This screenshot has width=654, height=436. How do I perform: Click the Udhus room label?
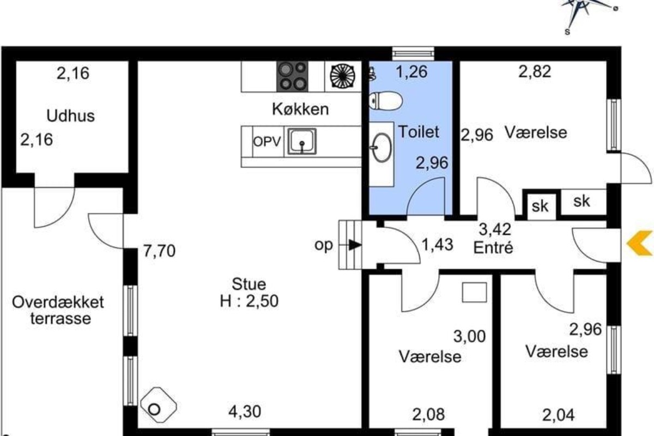(x=71, y=116)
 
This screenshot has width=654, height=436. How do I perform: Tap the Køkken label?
(x=300, y=109)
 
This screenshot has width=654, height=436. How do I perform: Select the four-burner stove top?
(x=292, y=76)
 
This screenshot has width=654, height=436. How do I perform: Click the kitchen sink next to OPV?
(x=302, y=142)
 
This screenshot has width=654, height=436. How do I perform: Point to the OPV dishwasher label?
(x=267, y=142)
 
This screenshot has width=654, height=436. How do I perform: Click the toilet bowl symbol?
(x=386, y=101)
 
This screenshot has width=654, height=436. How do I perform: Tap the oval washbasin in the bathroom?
(x=381, y=148)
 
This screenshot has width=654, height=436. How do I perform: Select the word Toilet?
(x=419, y=132)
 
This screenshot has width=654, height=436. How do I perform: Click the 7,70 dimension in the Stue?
(x=159, y=251)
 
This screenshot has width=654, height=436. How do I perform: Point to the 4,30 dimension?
(x=245, y=412)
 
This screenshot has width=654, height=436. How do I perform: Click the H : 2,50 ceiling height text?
(x=249, y=301)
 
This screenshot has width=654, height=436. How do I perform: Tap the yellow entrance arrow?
(x=639, y=243)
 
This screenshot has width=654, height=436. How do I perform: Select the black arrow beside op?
(x=354, y=245)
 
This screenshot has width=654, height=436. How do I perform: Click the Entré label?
(x=493, y=248)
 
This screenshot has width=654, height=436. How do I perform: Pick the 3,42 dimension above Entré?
(x=495, y=229)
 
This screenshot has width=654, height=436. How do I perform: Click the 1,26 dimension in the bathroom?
(x=411, y=72)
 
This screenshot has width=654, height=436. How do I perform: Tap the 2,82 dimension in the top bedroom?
(x=535, y=71)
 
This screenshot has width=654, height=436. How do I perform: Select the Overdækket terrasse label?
(x=58, y=310)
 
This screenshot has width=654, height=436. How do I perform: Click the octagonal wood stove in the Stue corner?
(x=158, y=405)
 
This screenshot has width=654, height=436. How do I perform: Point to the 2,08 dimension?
(x=428, y=414)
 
